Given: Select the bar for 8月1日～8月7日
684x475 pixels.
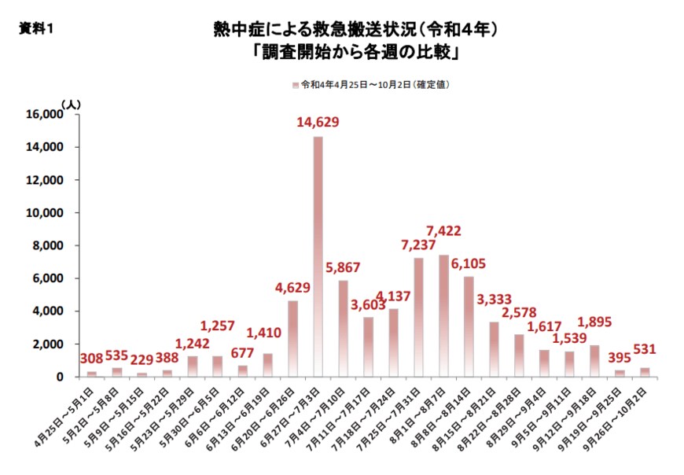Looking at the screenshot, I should tap(443, 315).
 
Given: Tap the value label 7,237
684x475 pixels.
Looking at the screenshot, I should tap(418, 245).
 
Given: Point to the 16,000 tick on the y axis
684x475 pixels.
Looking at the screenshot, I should tap(45, 114).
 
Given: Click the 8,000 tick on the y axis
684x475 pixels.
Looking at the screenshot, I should tap(48, 245).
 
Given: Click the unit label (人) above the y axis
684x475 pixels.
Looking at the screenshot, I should tap(70, 103).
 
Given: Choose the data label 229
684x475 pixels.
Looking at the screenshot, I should tap(142, 360).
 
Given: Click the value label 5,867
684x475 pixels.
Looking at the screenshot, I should tap(343, 267).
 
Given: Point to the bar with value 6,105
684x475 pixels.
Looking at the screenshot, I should tap(469, 326).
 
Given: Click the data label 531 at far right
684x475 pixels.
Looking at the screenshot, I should tap(643, 348).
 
